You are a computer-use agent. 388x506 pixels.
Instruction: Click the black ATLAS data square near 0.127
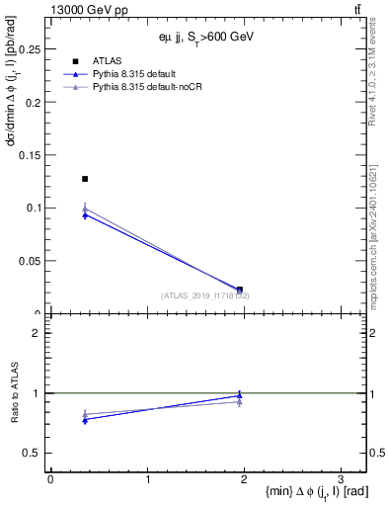tap(85, 179)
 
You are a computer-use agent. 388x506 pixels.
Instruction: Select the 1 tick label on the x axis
tap(147, 479)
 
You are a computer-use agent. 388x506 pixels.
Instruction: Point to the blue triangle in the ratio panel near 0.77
tap(85, 420)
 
